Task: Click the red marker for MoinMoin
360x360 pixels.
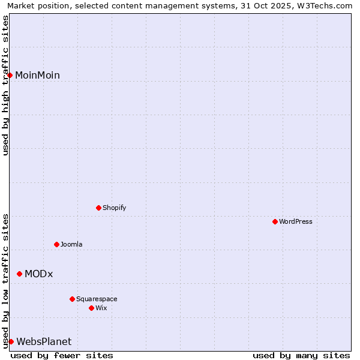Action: (x=10, y=75)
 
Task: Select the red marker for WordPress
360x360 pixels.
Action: (x=275, y=221)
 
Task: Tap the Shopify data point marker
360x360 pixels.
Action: (x=98, y=208)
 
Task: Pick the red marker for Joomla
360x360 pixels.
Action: (x=56, y=244)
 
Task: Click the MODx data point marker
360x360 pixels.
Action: (x=19, y=274)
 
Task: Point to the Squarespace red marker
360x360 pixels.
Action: (x=72, y=299)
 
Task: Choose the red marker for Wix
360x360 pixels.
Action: (x=91, y=308)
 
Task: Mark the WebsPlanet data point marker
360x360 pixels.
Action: (x=11, y=341)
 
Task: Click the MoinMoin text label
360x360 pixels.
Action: (x=37, y=75)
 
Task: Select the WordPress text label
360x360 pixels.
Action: (x=296, y=221)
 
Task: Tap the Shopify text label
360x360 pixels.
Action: (x=115, y=208)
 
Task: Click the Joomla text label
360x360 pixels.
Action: (x=71, y=244)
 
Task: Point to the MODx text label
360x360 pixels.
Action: (x=39, y=274)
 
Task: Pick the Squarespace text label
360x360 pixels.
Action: (x=97, y=299)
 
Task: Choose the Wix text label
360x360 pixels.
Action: (x=101, y=308)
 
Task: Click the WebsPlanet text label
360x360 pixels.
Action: (x=44, y=341)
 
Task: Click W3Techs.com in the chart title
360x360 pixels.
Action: (x=326, y=5)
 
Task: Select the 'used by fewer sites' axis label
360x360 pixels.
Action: (x=62, y=355)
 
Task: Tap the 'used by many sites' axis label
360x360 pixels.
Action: (x=301, y=355)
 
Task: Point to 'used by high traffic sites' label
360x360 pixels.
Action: (x=5, y=85)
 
